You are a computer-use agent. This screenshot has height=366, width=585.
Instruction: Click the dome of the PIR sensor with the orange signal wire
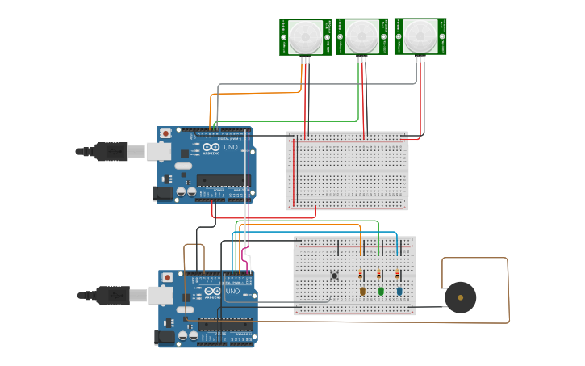[305, 34]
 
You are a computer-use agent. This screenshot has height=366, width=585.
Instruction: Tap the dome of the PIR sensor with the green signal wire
[361, 34]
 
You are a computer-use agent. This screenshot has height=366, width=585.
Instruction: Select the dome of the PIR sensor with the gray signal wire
[420, 34]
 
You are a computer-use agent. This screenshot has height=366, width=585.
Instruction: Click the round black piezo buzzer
[461, 297]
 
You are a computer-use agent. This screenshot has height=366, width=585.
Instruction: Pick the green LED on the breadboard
[381, 291]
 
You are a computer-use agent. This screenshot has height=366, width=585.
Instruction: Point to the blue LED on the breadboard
[399, 291]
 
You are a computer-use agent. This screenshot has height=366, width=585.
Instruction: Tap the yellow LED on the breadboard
[362, 291]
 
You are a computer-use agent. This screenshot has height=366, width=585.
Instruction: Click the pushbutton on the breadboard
[335, 276]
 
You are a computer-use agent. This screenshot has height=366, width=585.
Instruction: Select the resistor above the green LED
[379, 275]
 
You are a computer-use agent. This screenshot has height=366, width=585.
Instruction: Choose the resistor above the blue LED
[398, 275]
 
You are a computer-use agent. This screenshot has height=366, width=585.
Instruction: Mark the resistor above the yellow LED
[361, 275]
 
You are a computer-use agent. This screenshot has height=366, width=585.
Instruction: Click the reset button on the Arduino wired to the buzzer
[167, 278]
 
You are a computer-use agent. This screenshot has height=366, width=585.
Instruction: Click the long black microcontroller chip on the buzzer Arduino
[225, 325]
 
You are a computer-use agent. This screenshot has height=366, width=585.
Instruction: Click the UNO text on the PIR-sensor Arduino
[230, 149]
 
